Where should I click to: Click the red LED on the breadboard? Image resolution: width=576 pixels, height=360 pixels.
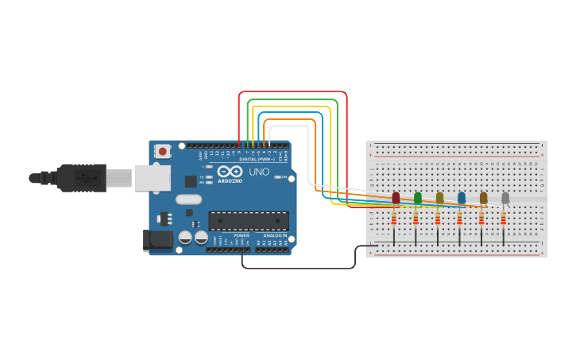(396, 197)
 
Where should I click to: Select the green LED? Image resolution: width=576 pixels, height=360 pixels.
(418, 197)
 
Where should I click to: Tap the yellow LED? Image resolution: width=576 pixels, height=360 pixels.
(439, 197)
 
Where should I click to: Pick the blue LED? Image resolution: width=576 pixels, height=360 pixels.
(462, 197)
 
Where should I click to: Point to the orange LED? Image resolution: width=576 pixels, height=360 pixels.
(483, 197)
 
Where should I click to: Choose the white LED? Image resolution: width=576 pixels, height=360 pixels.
(505, 197)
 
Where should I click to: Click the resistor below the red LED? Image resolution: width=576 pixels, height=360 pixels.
(394, 218)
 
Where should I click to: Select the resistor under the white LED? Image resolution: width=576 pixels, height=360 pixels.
(503, 218)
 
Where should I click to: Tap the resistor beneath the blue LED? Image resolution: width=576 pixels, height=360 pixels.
(459, 218)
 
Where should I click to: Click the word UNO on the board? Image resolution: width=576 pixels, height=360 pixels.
(260, 172)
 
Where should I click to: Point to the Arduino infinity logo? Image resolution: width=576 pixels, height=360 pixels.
(230, 172)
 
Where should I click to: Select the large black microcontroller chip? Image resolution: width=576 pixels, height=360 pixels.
(248, 221)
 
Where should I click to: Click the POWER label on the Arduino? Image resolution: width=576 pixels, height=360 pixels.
(242, 235)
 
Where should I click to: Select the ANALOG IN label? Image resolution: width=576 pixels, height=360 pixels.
(275, 235)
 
